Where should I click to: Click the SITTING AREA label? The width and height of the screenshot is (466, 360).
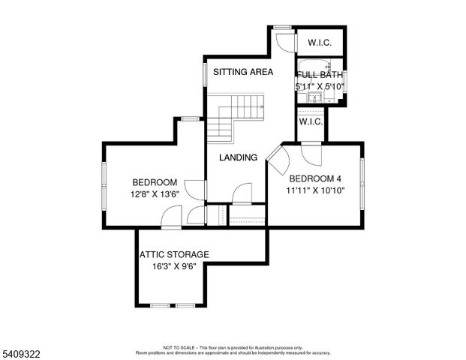point(242,72)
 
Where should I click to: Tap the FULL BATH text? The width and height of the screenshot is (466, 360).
point(320,75)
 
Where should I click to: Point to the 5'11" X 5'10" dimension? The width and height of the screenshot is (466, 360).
point(320,86)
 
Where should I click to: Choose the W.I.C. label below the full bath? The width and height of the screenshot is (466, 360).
point(311,121)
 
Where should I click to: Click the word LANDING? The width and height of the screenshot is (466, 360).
point(238,157)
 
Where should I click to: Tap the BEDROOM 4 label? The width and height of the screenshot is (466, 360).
point(315,178)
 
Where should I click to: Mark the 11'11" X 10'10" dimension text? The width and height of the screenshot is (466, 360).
point(315,190)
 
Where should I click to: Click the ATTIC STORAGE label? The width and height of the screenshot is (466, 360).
point(174,254)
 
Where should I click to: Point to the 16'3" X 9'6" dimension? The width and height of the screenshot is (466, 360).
point(174,265)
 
